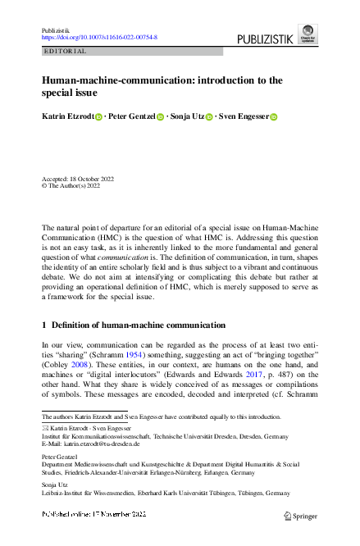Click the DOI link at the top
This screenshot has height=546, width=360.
click(99, 38)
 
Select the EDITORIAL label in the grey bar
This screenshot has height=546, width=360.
click(64, 51)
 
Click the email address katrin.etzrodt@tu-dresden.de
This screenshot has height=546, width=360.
click(103, 444)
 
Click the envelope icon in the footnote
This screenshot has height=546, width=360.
click(45, 428)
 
